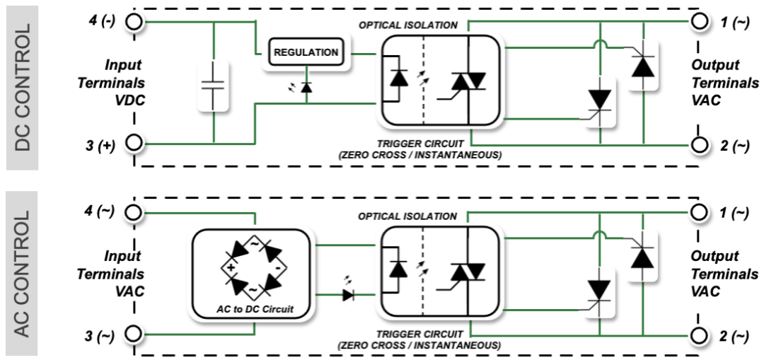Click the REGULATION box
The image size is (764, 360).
click(306, 52)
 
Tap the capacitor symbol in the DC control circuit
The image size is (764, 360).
click(212, 85)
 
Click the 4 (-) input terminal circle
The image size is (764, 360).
click(134, 22)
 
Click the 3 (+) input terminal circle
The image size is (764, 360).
click(134, 144)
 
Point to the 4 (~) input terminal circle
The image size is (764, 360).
click(134, 212)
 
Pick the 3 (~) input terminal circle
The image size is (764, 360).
click(134, 335)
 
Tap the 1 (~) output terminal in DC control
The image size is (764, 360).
click(700, 22)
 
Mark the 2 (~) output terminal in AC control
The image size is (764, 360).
click(700, 335)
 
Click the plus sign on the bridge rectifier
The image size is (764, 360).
click(230, 267)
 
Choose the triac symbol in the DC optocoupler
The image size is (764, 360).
click(467, 82)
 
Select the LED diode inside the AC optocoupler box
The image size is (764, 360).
click(399, 268)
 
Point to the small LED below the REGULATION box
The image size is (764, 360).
click(306, 87)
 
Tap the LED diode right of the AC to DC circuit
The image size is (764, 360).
click(348, 295)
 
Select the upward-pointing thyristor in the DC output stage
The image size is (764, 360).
click(642, 65)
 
